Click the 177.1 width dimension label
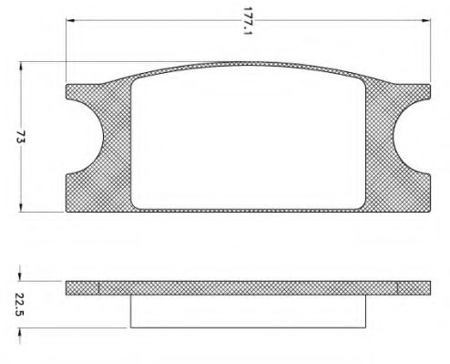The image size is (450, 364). pos(248,21)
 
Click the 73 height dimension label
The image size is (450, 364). pos(21,137)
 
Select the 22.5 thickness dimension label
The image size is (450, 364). pos(19,305)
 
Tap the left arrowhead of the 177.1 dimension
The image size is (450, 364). pos(70,20)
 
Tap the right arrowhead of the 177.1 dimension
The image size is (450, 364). pos(426,20)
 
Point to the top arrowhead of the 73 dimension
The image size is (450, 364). pos(21,66)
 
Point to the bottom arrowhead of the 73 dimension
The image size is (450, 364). pos(21,208)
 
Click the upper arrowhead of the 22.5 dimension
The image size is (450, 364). pos(20,276)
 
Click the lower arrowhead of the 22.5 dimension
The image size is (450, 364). pos(20,332)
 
